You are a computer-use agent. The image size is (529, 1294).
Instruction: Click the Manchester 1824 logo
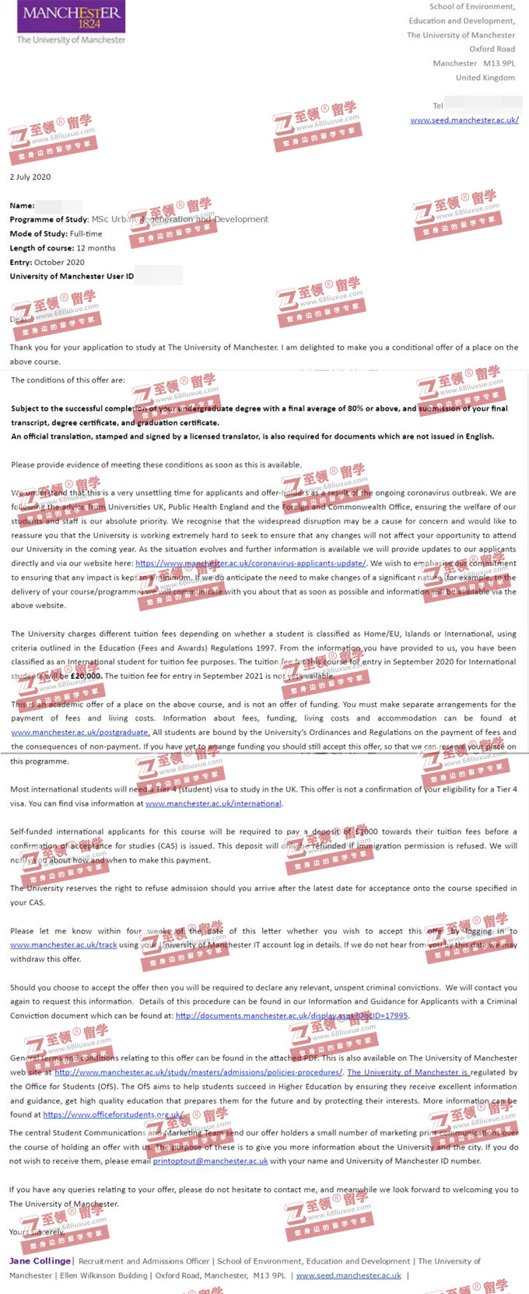(72, 23)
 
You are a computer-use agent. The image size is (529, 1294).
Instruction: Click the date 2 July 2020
(30, 177)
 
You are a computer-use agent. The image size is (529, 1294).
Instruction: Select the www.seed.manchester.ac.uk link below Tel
(464, 120)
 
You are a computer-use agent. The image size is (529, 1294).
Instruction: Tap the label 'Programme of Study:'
(49, 219)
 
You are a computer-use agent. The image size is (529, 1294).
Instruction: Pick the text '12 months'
(96, 248)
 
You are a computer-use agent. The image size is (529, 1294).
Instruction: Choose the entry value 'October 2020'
(59, 262)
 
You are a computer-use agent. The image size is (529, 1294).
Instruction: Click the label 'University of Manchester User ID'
(72, 276)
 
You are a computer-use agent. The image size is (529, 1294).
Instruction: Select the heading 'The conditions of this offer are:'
(68, 380)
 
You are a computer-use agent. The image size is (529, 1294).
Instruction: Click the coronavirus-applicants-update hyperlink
(250, 563)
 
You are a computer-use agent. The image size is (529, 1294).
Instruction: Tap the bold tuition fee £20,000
(86, 676)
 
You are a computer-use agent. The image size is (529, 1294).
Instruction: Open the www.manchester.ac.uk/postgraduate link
(79, 732)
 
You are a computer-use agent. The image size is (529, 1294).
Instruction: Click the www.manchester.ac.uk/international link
(213, 803)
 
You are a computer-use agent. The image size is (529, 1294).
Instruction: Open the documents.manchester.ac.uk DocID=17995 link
(292, 1016)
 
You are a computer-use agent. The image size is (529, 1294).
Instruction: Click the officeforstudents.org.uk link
(114, 1114)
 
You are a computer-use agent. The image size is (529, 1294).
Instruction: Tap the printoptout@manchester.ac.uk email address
(210, 1161)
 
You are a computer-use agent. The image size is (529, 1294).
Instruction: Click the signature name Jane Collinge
(40, 1261)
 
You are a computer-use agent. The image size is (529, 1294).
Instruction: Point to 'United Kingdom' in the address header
(485, 77)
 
